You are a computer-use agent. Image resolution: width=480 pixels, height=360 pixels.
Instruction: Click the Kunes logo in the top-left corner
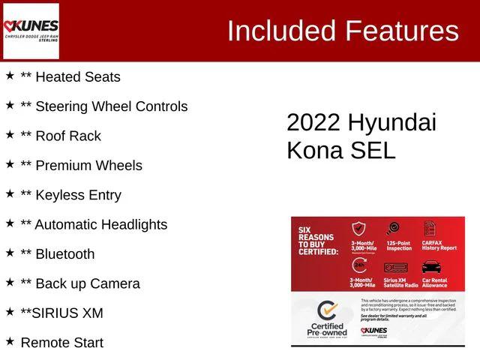[31, 31]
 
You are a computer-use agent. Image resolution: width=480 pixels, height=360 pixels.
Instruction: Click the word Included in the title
[280, 31]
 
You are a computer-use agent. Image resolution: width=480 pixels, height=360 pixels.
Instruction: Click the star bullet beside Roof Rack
[10, 135]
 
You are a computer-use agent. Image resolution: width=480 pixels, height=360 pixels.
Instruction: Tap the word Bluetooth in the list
[65, 254]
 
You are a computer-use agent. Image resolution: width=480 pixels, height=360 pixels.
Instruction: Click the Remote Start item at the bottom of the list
[61, 343]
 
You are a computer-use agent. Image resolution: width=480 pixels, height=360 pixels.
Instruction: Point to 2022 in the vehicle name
[313, 123]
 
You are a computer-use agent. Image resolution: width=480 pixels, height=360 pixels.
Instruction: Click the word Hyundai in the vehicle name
[391, 123]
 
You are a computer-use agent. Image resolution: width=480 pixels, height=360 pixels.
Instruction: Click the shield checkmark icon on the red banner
[359, 229]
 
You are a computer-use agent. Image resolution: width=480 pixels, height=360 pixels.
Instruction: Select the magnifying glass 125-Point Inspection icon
[392, 229]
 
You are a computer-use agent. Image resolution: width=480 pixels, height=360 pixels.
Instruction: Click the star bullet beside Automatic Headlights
[10, 223]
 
